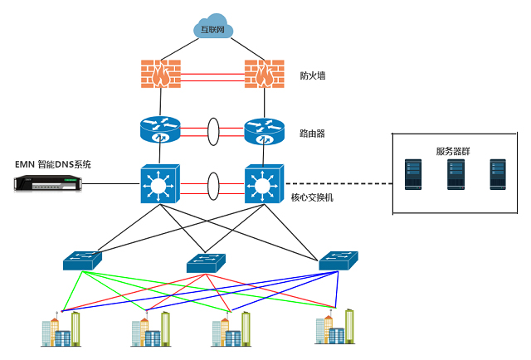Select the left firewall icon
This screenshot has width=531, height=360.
point(159,74)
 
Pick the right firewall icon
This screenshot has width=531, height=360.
point(264,74)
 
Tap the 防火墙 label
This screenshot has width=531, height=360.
point(313,75)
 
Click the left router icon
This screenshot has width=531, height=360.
point(160,129)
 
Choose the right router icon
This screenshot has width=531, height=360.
point(265,129)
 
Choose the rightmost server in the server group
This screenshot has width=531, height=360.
point(498,175)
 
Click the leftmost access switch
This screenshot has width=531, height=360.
point(83,260)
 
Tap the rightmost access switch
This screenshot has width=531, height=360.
point(339,260)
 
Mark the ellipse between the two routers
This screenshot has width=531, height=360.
point(213,131)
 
